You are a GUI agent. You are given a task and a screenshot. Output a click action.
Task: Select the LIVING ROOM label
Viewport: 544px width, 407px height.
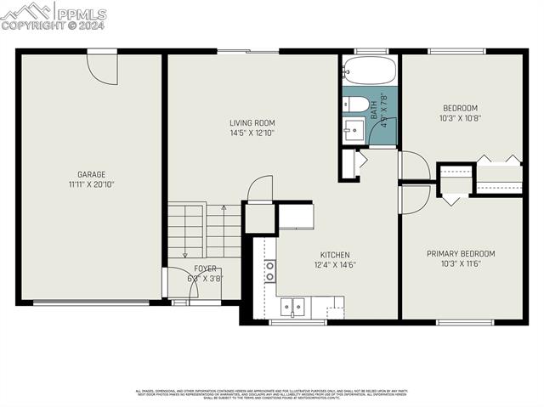point(252,123)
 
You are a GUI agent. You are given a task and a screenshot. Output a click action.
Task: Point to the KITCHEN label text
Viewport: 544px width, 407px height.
point(334,255)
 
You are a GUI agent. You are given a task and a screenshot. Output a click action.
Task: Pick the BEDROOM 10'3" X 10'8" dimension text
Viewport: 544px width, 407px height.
point(460,118)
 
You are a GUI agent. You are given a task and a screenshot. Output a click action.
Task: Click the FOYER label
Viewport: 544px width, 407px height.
point(205,268)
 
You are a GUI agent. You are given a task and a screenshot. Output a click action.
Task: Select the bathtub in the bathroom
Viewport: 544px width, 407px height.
point(369,71)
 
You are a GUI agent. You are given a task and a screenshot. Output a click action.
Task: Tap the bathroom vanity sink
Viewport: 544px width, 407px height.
point(354,130)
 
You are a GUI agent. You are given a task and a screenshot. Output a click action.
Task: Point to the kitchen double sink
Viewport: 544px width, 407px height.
point(294,306)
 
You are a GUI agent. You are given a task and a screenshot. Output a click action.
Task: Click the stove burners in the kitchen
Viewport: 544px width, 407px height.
point(270,271)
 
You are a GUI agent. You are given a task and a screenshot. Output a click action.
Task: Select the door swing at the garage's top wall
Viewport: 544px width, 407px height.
point(101,68)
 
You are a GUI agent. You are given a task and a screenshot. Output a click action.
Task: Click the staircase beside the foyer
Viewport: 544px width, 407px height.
point(204,230)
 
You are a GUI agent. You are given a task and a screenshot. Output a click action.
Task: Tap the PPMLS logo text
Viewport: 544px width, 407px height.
point(81,13)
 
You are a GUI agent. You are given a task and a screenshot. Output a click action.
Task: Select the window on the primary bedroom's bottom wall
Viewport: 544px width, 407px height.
point(464,322)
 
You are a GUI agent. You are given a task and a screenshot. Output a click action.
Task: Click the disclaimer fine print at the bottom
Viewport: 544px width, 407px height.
point(271,393)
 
